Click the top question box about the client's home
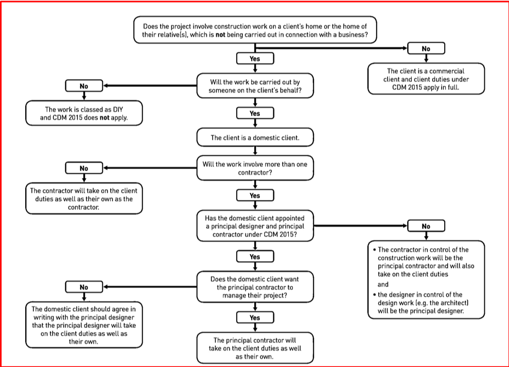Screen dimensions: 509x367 click(x=255, y=30)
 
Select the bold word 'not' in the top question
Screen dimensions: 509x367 click(x=220, y=34)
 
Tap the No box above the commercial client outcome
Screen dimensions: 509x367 click(x=426, y=48)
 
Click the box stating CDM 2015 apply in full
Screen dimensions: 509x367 click(x=426, y=79)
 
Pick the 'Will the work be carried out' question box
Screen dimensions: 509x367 click(x=255, y=86)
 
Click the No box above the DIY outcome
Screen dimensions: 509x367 click(x=84, y=86)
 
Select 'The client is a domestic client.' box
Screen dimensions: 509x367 click(x=255, y=137)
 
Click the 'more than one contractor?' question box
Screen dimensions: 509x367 click(x=255, y=168)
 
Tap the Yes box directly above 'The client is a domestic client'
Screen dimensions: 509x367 click(x=255, y=113)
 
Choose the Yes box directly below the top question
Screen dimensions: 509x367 click(x=255, y=59)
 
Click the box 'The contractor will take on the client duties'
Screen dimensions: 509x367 click(x=84, y=198)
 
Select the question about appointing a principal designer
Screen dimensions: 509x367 click(x=255, y=226)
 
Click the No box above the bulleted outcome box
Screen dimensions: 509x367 click(x=426, y=226)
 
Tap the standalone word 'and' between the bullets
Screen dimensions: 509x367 click(x=383, y=284)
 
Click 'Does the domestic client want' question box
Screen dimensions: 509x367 click(x=255, y=287)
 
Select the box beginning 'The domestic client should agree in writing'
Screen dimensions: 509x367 click(x=84, y=325)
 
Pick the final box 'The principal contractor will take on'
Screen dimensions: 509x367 click(x=255, y=348)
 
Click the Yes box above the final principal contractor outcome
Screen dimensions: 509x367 click(x=255, y=317)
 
